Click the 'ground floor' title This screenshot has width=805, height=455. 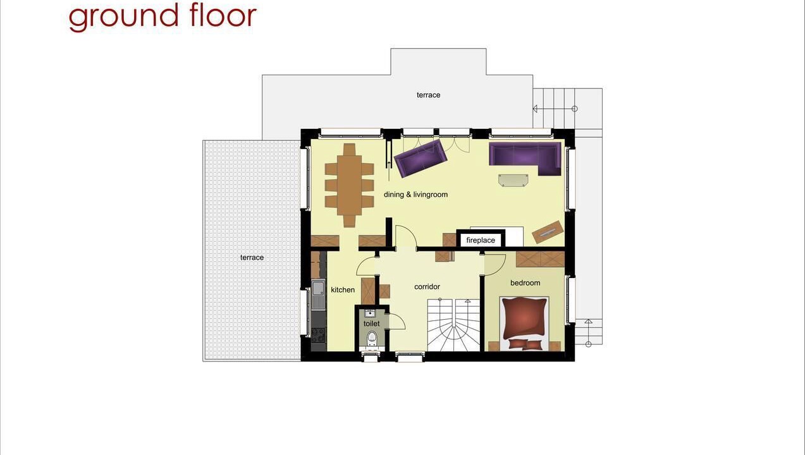[163, 17]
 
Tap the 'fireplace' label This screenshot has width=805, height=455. [481, 240]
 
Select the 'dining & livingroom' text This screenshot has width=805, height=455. [416, 195]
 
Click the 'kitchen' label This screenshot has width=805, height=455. [343, 290]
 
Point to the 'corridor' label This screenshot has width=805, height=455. [427, 286]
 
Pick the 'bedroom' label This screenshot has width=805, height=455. [525, 283]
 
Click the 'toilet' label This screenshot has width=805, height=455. [371, 324]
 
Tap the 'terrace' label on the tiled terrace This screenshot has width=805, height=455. [252, 257]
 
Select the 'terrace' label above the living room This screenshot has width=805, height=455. [428, 95]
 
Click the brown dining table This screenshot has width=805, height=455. [349, 185]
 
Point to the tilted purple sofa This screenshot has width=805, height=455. [421, 159]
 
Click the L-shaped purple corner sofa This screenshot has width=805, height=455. [525, 158]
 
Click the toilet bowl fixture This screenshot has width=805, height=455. [372, 338]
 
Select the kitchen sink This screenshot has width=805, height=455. [318, 294]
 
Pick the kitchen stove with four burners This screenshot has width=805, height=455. [319, 336]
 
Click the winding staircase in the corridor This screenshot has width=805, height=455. [453, 325]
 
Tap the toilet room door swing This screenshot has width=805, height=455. [398, 322]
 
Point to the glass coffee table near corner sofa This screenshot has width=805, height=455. [513, 180]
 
